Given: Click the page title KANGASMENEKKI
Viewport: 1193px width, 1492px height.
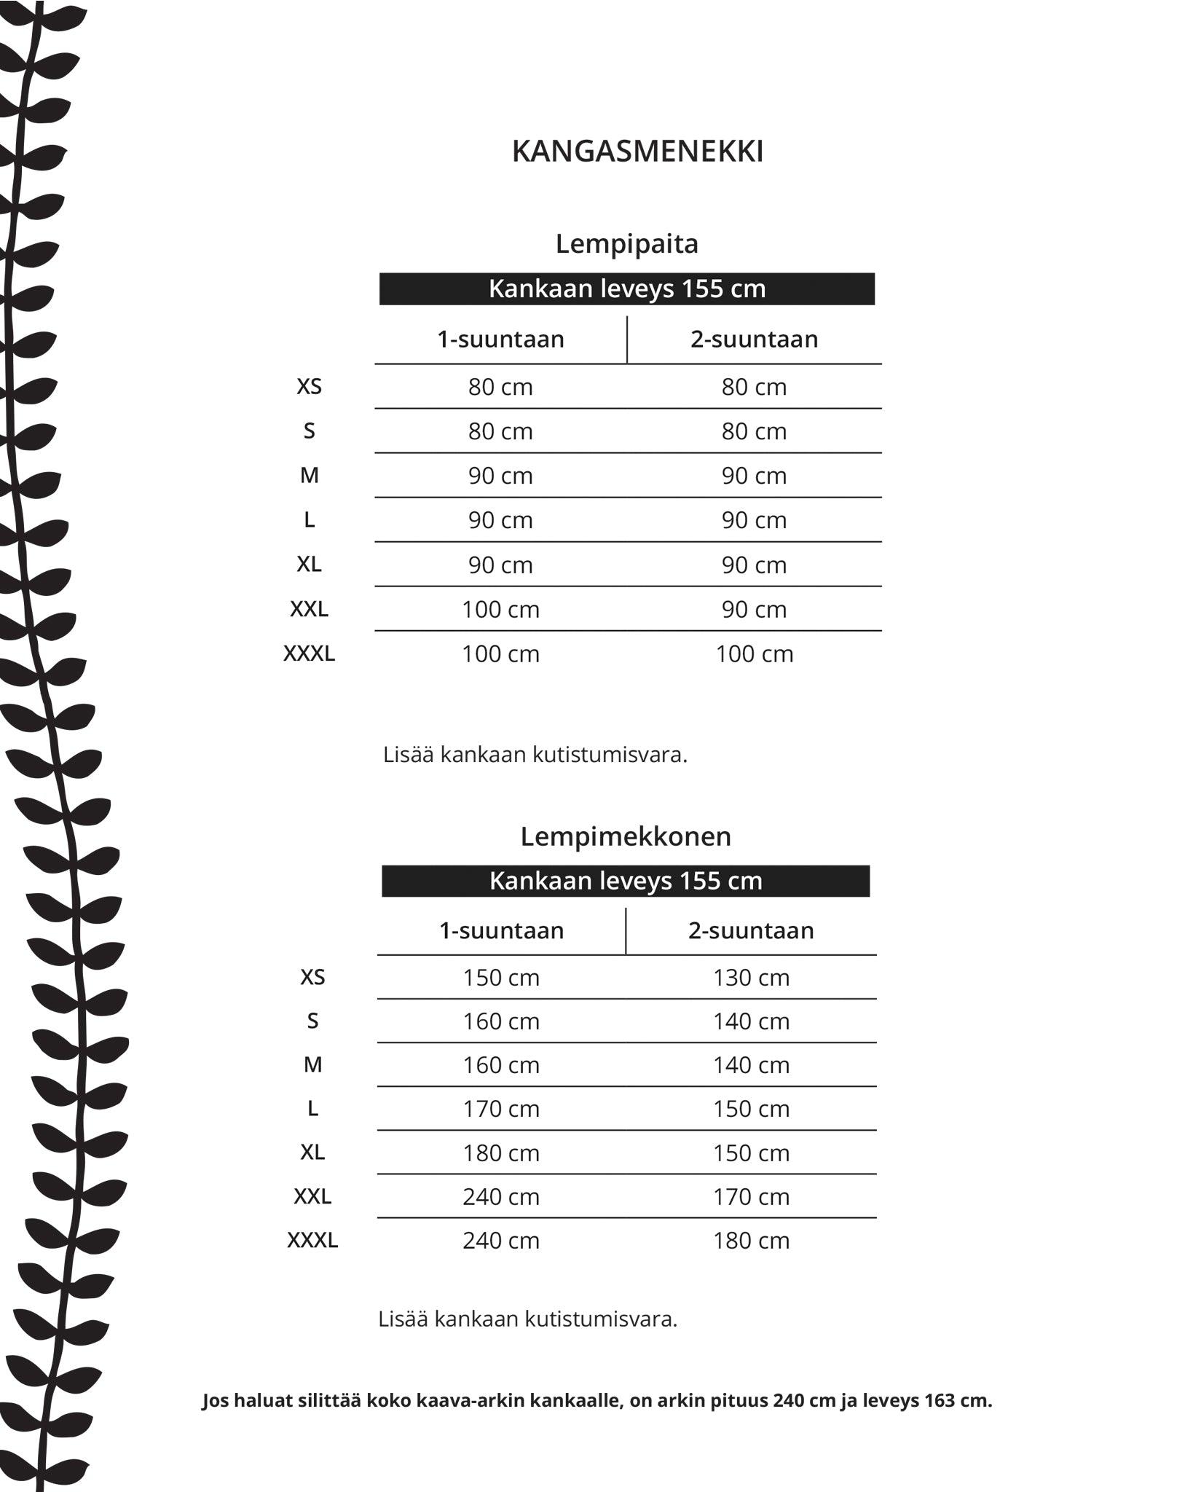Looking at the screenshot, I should pyautogui.click(x=637, y=152).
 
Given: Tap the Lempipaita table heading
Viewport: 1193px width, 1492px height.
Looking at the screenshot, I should pyautogui.click(x=626, y=243).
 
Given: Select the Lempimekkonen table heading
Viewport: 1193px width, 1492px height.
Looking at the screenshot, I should pyautogui.click(x=625, y=836).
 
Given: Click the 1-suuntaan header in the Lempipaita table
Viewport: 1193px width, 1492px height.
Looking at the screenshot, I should pyautogui.click(x=500, y=339).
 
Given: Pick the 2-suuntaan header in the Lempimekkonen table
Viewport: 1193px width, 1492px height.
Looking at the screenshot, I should pyautogui.click(x=751, y=930).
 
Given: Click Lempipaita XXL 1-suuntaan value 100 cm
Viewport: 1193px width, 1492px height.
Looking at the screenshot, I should pyautogui.click(x=500, y=609).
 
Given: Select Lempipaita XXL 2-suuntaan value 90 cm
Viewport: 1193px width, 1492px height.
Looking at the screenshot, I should pyautogui.click(x=754, y=609).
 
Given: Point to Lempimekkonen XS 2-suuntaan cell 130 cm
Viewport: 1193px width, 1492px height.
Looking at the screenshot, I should pyautogui.click(x=751, y=977).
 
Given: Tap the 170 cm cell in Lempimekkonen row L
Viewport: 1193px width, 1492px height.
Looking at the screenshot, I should pyautogui.click(x=501, y=1108).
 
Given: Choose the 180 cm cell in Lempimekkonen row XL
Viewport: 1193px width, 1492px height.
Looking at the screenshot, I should pyautogui.click(x=501, y=1153).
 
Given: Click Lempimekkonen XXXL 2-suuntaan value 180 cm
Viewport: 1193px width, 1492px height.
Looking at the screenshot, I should pyautogui.click(x=751, y=1240).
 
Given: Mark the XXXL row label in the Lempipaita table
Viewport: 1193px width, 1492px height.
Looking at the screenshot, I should pyautogui.click(x=309, y=653).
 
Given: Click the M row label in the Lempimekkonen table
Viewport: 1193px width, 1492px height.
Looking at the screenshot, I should pyautogui.click(x=312, y=1064).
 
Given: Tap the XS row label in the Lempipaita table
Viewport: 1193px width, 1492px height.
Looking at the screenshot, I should pyautogui.click(x=309, y=386).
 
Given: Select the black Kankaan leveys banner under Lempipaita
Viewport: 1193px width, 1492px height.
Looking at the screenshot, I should pyautogui.click(x=626, y=288).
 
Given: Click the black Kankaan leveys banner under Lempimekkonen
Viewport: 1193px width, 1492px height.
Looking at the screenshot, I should pyautogui.click(x=625, y=881).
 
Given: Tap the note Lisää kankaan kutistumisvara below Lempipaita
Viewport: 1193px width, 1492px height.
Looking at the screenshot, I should pyautogui.click(x=535, y=754).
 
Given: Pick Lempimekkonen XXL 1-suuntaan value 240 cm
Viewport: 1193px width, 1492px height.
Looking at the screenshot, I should pyautogui.click(x=501, y=1196).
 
